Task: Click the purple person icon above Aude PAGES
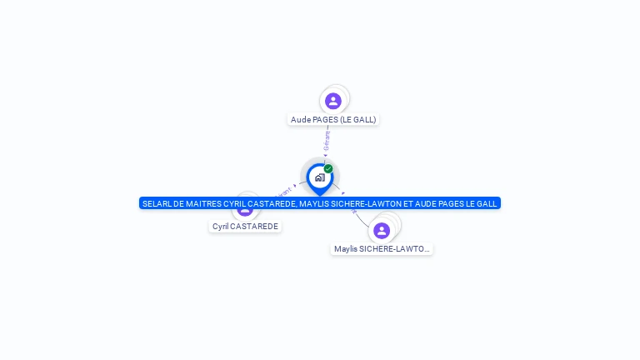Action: [333, 101]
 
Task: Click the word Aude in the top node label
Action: [301, 120]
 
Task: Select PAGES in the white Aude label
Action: [326, 120]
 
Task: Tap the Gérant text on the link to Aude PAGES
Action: [327, 140]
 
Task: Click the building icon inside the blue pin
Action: [320, 177]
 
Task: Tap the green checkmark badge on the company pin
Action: [328, 169]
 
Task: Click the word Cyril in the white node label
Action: [221, 227]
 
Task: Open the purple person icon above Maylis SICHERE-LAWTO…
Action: [382, 230]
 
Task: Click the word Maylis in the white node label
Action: [346, 249]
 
